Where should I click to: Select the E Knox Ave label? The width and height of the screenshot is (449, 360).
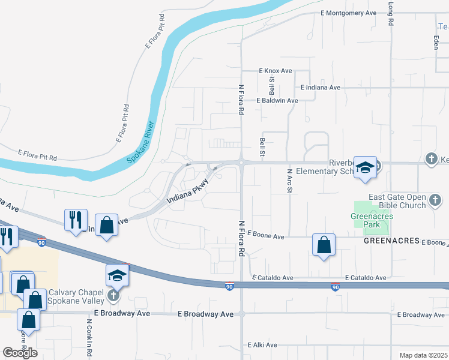click(276, 71)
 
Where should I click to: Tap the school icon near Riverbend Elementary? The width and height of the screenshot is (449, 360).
click(364, 167)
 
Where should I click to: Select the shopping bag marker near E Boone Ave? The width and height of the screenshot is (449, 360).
click(324, 245)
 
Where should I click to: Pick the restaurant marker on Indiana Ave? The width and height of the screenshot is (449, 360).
click(76, 220)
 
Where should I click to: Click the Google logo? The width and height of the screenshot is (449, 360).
click(20, 353)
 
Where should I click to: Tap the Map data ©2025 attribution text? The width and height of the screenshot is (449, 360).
click(423, 355)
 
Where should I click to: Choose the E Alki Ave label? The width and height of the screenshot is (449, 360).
click(262, 345)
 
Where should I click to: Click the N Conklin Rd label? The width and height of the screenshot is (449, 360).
click(89, 337)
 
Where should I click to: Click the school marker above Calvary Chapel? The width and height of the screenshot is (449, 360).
click(118, 275)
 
